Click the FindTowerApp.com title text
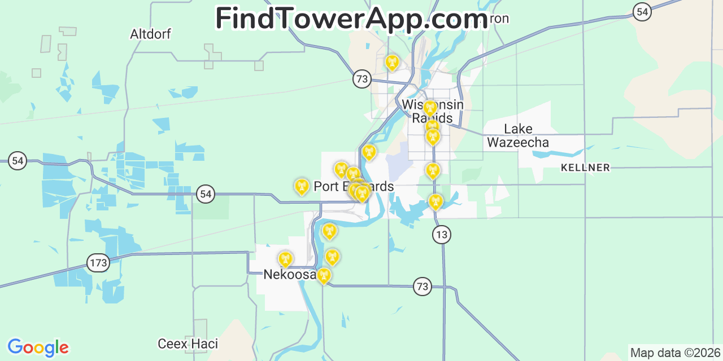click(x=351, y=19)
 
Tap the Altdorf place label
click(x=150, y=34)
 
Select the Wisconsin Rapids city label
click(x=433, y=111)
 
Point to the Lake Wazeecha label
click(x=518, y=135)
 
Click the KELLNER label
click(x=585, y=168)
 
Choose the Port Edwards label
click(x=354, y=187)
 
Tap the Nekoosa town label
click(x=290, y=275)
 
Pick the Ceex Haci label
click(x=188, y=344)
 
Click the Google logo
click(x=38, y=347)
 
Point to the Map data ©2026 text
click(x=675, y=353)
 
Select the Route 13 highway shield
click(x=442, y=235)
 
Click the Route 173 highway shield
click(x=98, y=262)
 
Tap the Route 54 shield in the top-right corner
click(x=642, y=11)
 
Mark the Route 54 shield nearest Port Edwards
click(x=206, y=195)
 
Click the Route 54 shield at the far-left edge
click(x=18, y=161)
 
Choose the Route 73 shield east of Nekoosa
click(x=422, y=287)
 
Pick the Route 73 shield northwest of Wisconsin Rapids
click(x=362, y=78)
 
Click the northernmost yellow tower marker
click(x=392, y=62)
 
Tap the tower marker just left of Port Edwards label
click(x=302, y=186)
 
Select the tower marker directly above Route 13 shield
click(x=435, y=201)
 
